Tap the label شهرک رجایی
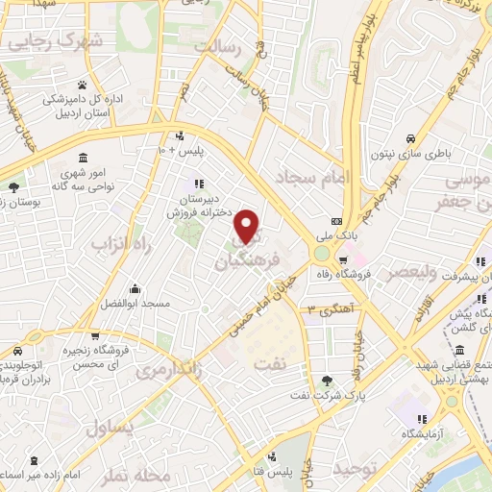(66, 41)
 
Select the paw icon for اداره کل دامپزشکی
(83, 86)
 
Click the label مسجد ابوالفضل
(134, 303)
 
